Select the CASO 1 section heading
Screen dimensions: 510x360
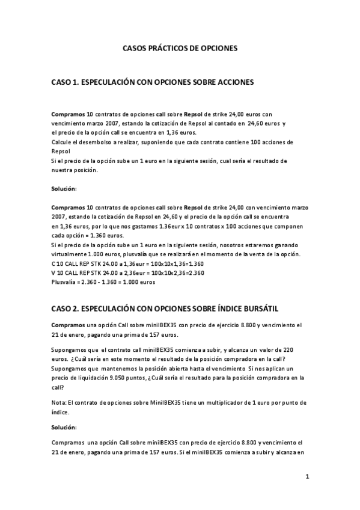153,79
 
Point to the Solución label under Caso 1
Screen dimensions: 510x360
64,189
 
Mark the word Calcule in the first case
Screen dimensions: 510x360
63,142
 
